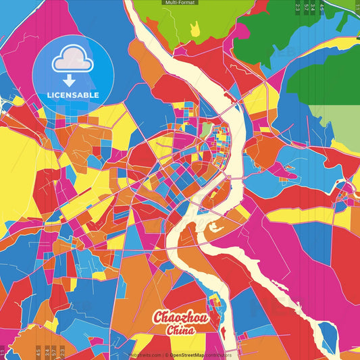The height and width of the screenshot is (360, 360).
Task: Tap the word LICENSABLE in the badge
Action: [73, 95]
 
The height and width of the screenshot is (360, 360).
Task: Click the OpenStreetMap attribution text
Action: [200, 354]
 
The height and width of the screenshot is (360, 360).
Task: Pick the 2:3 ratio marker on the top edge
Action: [298, 7]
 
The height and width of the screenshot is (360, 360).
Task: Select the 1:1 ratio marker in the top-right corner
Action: [356, 7]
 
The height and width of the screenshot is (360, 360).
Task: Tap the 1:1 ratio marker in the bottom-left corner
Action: [3, 352]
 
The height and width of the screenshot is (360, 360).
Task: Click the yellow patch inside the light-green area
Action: [195, 28]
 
